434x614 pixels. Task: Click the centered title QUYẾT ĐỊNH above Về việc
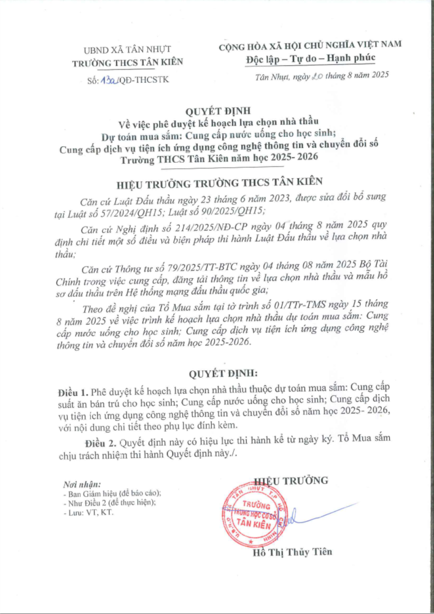coord(218,111)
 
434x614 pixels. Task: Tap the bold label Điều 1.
coord(73,391)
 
